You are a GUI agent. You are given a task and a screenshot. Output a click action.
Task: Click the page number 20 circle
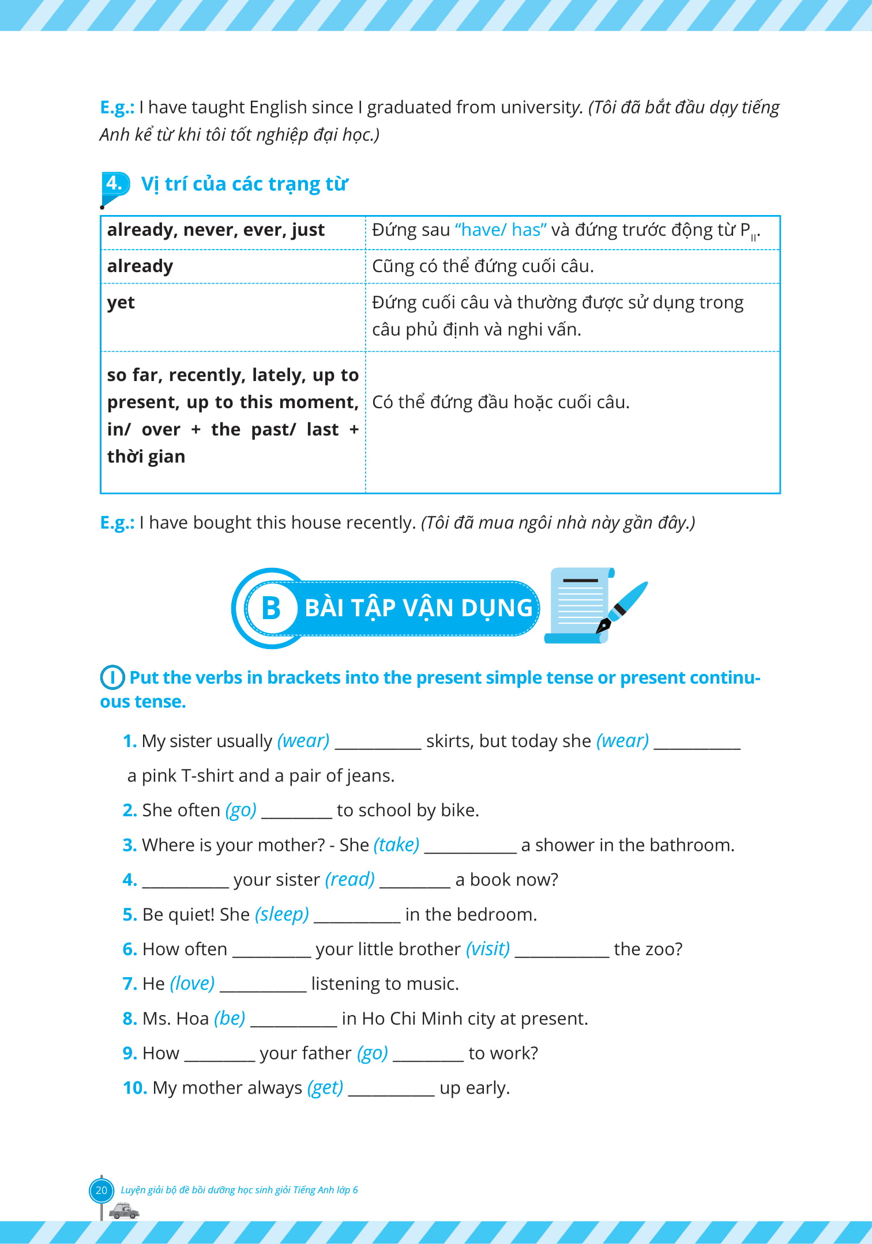102,1190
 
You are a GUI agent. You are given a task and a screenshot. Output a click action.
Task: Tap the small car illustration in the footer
124,1211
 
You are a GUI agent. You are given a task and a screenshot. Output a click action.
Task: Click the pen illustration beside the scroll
623,608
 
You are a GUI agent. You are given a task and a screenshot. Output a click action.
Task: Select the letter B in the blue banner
270,608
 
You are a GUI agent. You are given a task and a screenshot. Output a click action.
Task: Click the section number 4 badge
114,184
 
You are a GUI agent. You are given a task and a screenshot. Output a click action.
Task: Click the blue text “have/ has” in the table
500,230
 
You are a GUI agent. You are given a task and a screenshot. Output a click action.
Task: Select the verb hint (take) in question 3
396,845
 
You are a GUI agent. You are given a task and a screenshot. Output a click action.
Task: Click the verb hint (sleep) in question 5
281,914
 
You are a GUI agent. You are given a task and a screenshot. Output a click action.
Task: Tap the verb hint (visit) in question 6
487,949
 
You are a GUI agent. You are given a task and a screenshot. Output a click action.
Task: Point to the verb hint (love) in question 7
192,983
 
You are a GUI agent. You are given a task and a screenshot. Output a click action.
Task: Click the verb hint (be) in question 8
230,1019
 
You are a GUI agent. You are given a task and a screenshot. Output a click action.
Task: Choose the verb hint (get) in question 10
325,1088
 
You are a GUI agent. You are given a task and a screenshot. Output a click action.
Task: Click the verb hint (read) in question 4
349,880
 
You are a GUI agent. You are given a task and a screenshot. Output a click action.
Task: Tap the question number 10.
135,1088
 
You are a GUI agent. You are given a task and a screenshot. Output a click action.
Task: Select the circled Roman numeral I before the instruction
112,677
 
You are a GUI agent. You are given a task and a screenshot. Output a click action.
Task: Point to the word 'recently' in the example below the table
375,523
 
